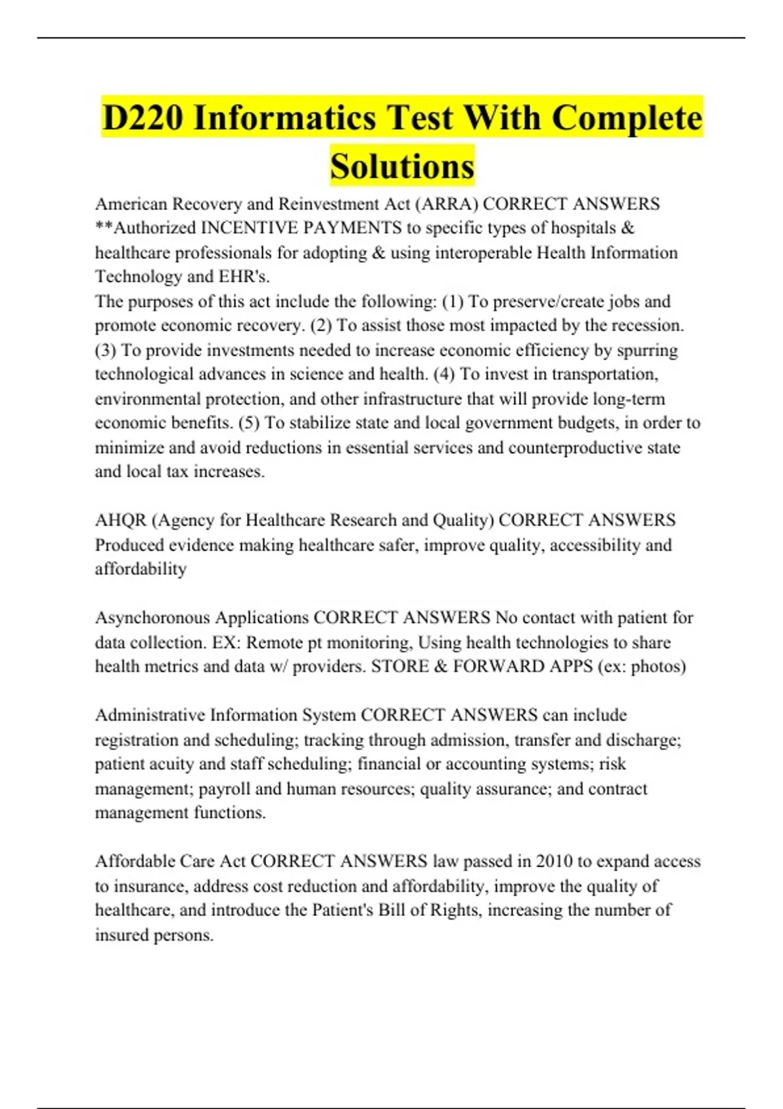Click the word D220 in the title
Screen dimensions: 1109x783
[143, 118]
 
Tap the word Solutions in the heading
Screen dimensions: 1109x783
[402, 166]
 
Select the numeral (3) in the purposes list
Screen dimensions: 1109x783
[105, 350]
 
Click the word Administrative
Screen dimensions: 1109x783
[150, 715]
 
